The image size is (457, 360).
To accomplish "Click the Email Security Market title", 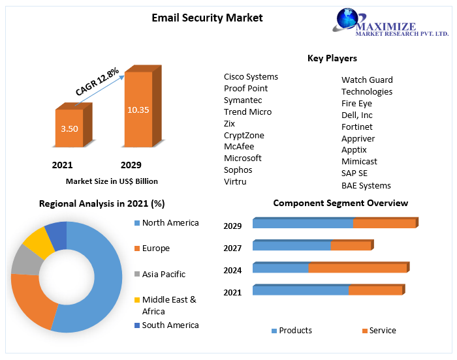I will click(x=207, y=18).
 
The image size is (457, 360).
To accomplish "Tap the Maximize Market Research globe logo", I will click(x=350, y=19).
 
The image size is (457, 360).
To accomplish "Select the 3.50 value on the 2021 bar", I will click(x=69, y=128).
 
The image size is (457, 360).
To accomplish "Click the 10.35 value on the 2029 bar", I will click(x=138, y=110).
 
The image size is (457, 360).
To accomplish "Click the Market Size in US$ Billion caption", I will click(x=112, y=181).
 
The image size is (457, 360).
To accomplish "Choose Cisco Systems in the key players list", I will click(x=251, y=77).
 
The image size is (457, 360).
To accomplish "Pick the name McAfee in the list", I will click(x=239, y=147).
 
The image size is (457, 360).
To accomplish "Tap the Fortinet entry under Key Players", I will click(x=357, y=127).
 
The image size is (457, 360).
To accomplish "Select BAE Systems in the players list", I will click(x=366, y=185).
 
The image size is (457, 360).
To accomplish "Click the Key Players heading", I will click(x=332, y=58).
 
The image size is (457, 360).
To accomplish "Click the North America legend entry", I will click(x=170, y=223).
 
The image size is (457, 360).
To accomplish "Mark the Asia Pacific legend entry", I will click(x=163, y=274).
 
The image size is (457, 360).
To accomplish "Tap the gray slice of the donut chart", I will click(x=25, y=260).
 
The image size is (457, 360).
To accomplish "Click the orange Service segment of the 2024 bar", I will click(x=357, y=268).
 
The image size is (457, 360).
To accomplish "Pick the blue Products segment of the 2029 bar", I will click(x=303, y=224).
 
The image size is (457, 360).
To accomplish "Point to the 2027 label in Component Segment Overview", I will click(x=232, y=248).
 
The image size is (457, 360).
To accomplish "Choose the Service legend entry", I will click(x=382, y=331).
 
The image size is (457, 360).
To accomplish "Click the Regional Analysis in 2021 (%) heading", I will click(x=102, y=203).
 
